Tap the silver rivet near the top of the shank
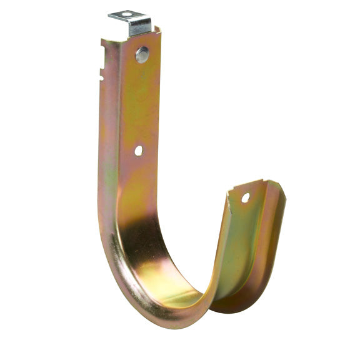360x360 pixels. [x=142, y=54]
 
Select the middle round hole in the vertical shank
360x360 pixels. [x=138, y=151]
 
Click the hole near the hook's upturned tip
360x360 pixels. [x=245, y=197]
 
